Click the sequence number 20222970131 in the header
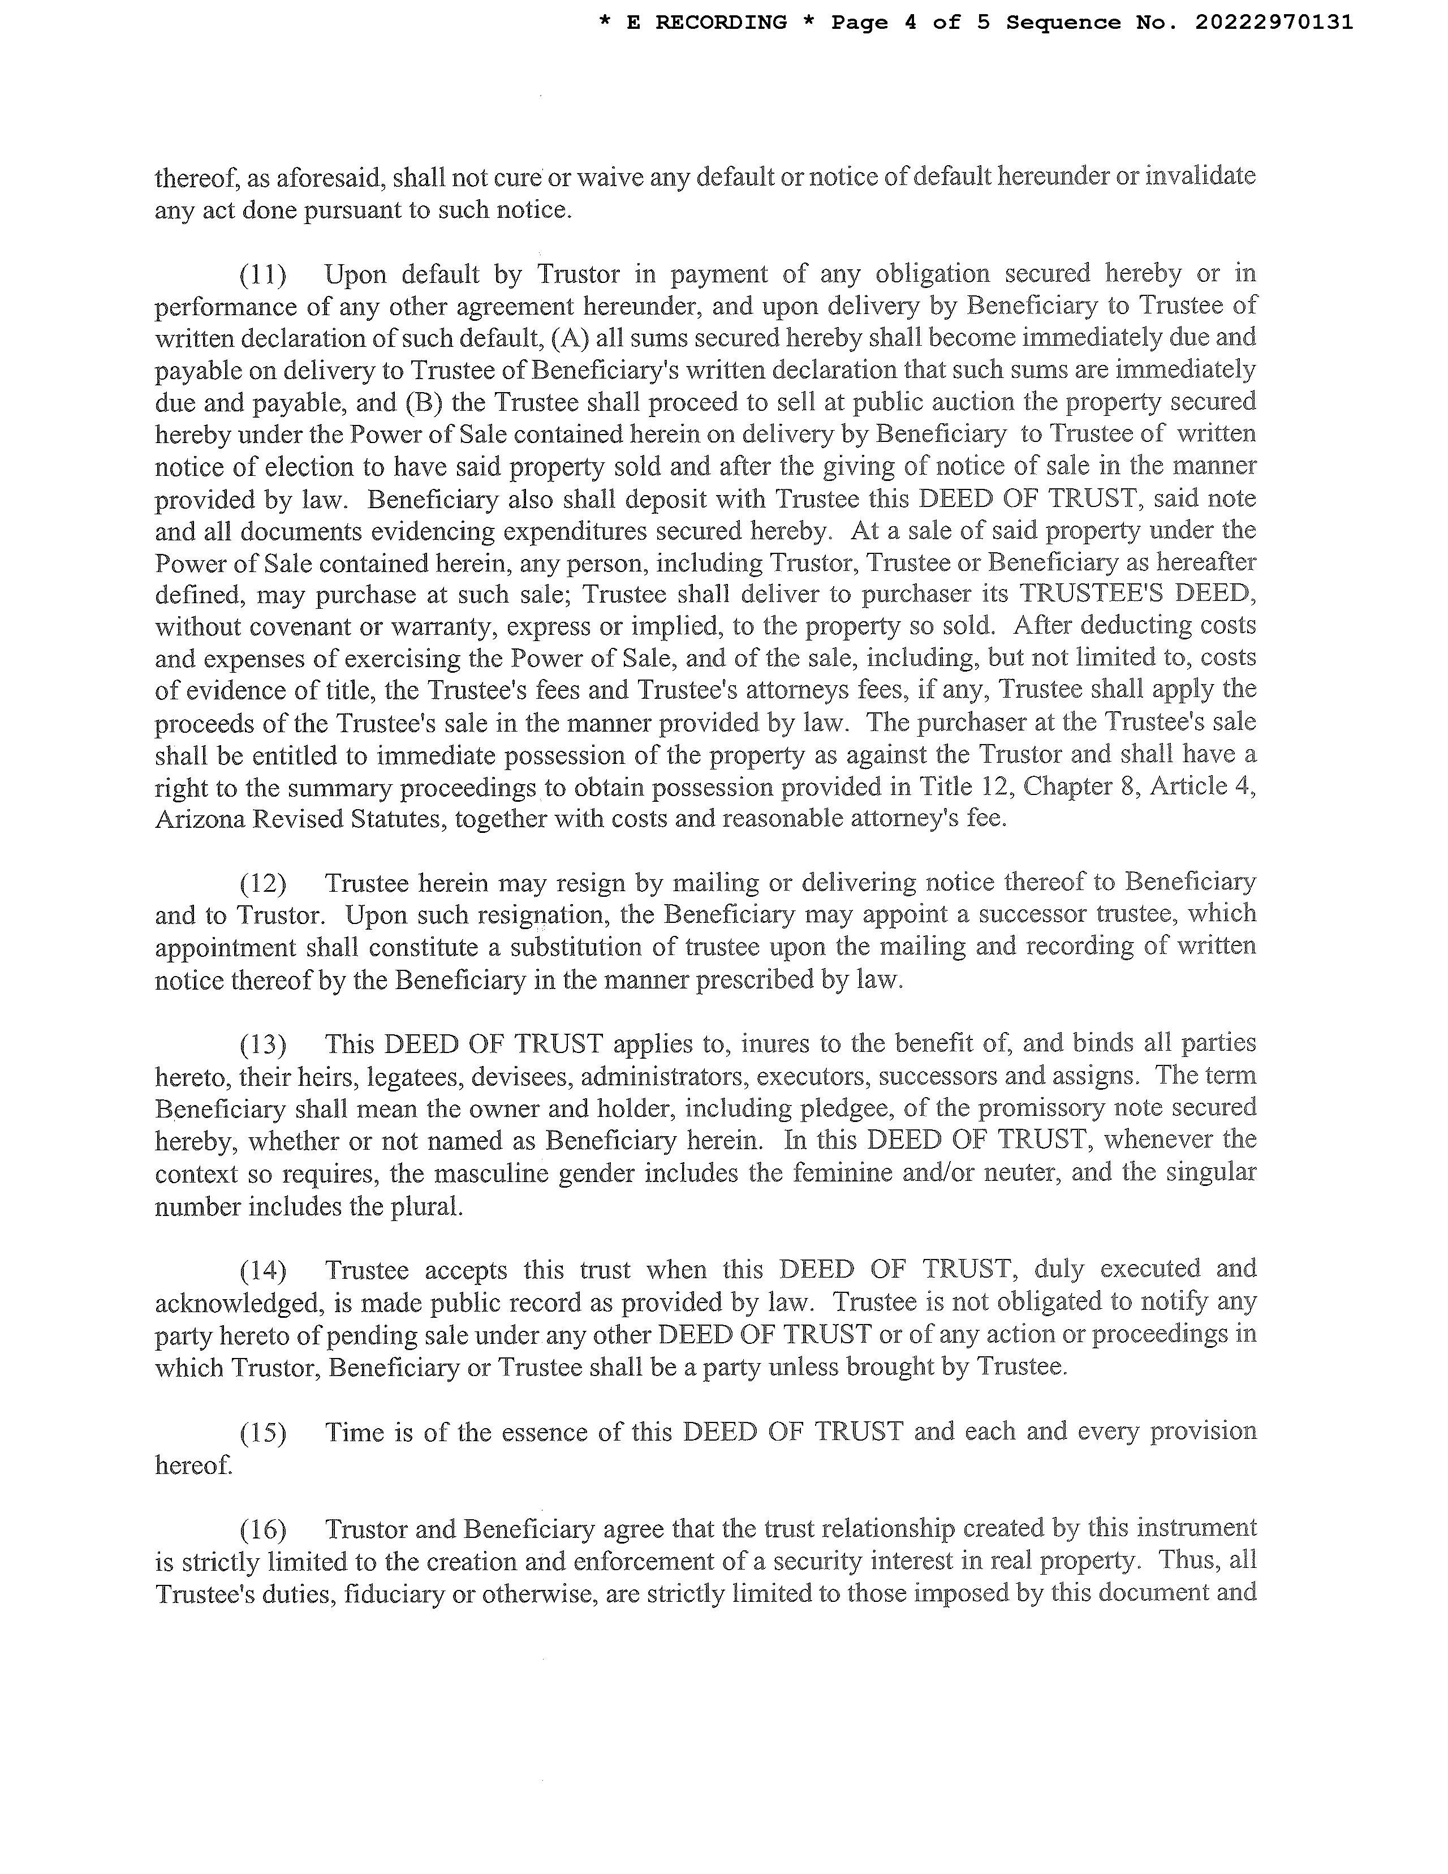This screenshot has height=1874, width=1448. tap(1274, 22)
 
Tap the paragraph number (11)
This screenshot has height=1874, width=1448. tap(262, 274)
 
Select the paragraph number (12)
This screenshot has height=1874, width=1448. tap(262, 883)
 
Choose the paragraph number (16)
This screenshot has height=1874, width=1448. tap(262, 1529)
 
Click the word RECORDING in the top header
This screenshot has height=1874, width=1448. tap(721, 22)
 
